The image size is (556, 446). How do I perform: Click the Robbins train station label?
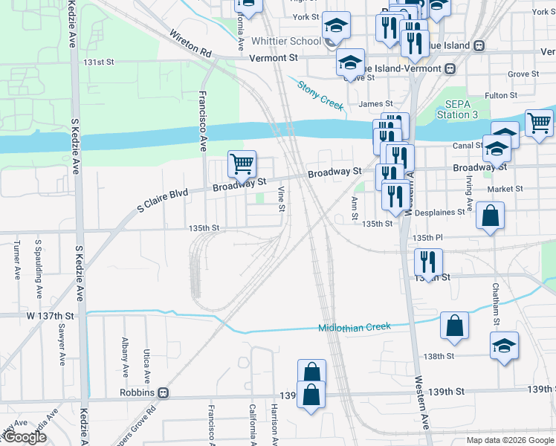click(x=138, y=392)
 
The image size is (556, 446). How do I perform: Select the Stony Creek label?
click(x=320, y=95)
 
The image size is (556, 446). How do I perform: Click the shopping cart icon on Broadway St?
click(x=242, y=164)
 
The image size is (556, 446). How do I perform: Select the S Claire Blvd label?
click(x=162, y=198)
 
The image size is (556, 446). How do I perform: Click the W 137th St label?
click(x=50, y=316)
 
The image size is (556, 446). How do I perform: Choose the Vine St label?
click(x=282, y=198)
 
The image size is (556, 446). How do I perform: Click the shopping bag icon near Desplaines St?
click(x=491, y=218)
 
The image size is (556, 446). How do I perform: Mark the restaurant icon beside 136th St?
click(x=428, y=262)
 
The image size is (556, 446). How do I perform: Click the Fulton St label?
click(x=500, y=96)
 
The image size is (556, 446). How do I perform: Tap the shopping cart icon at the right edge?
click(x=539, y=123)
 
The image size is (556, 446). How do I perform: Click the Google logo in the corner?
click(x=25, y=438)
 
